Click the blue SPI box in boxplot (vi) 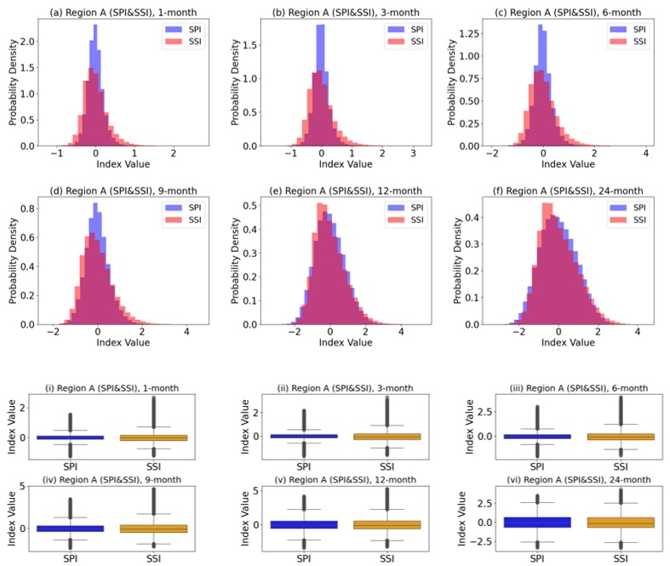click(536, 522)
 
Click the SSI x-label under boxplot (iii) click(620, 466)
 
